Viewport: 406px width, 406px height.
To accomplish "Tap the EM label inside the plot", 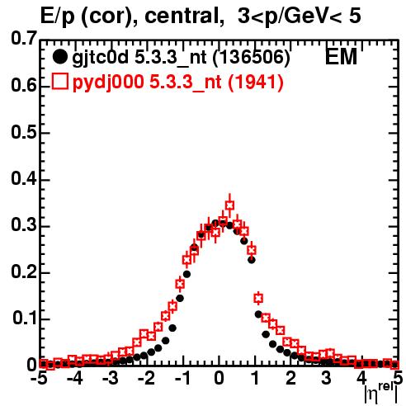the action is (x=341, y=56).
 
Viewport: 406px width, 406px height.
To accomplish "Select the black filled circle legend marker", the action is (x=59, y=57).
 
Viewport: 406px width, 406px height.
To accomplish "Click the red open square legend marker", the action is (x=59, y=82).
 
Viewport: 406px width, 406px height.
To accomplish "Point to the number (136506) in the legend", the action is (x=252, y=57).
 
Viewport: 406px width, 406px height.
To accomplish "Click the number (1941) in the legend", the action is (x=256, y=82).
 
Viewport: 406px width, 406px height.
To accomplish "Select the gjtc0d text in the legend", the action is (x=100, y=58).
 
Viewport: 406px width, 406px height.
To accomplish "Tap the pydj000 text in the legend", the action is (x=108, y=83).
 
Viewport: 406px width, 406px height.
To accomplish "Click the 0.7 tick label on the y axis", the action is (x=24, y=38).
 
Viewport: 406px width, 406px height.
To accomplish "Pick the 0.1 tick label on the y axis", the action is (x=25, y=318).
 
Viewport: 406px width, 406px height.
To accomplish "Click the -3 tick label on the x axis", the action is (x=111, y=378).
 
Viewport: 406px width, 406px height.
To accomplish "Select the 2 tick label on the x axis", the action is (x=290, y=378).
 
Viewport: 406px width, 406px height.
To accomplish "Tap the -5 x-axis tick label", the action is (x=39, y=378).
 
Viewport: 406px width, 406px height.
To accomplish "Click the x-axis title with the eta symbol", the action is (x=381, y=394).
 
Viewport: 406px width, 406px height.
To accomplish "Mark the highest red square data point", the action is (x=229, y=205).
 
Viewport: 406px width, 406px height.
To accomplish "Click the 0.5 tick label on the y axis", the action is (x=24, y=132).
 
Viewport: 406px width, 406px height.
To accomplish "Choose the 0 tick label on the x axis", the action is (x=219, y=378).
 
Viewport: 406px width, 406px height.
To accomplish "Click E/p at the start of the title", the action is (x=58, y=17).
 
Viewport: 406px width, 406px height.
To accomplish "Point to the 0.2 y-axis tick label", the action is (x=24, y=271).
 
